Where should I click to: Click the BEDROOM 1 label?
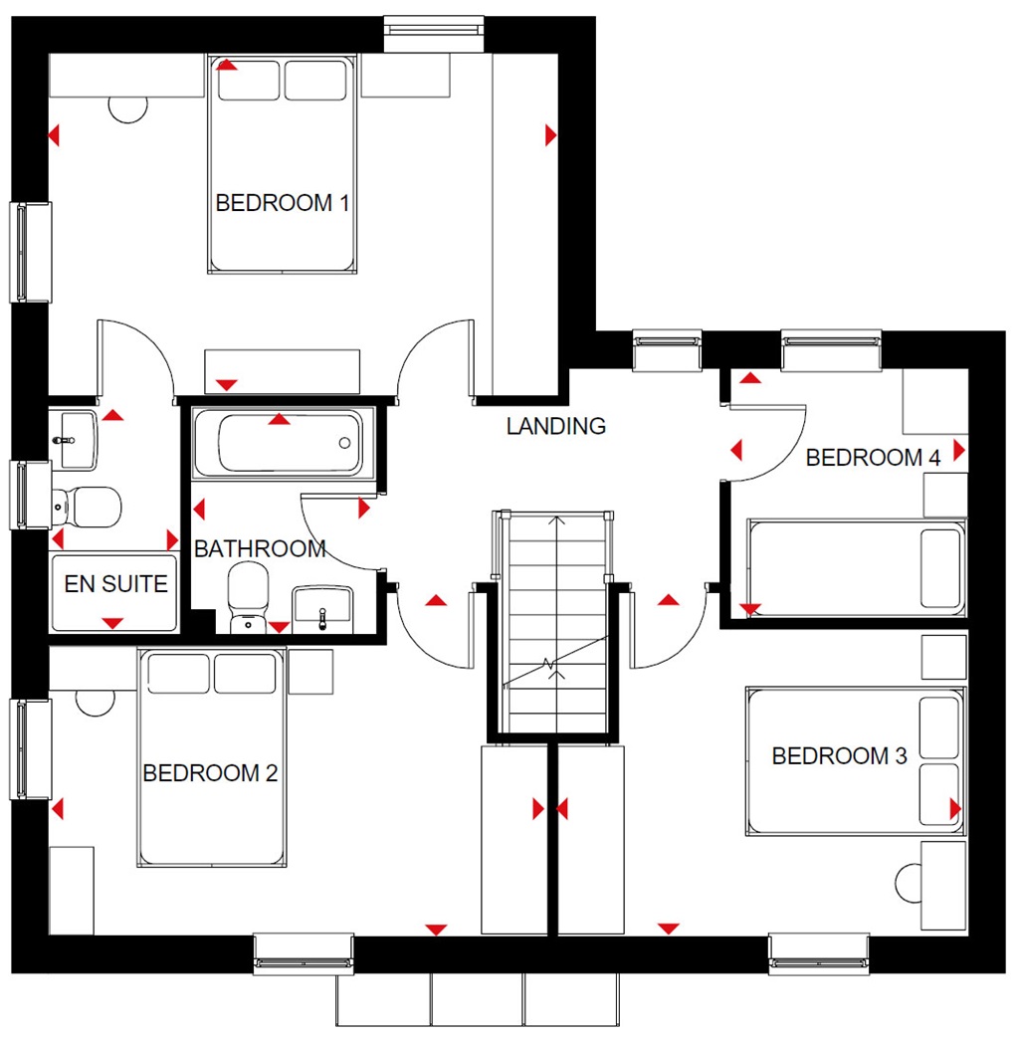tap(282, 204)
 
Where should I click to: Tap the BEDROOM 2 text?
tap(209, 773)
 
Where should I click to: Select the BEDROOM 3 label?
tap(839, 756)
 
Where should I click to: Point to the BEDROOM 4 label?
tap(873, 458)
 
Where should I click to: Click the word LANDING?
tap(555, 426)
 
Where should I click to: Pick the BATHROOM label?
tap(260, 548)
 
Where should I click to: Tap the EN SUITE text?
tap(115, 584)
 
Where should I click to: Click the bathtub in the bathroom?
tap(278, 443)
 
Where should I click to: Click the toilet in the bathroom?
tap(247, 595)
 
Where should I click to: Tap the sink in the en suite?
tap(76, 439)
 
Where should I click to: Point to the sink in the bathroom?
tap(322, 607)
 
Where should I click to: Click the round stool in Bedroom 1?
tap(127, 107)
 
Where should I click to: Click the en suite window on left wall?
tap(31, 495)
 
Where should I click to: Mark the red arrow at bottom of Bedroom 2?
tap(435, 930)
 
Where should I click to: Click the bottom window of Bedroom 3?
tap(818, 953)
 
